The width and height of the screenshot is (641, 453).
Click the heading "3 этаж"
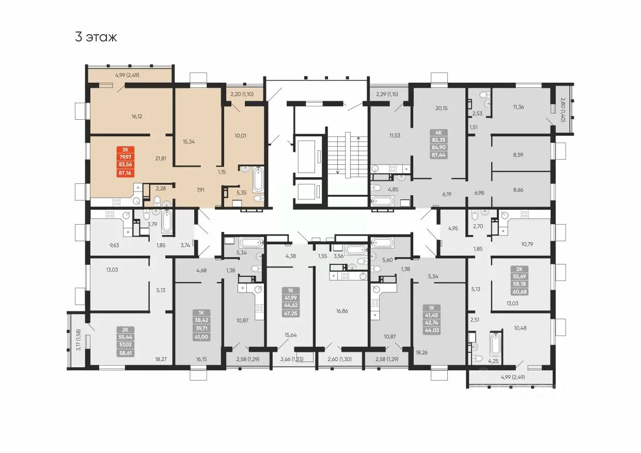(x=96, y=37)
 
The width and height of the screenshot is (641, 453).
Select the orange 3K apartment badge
(x=126, y=161)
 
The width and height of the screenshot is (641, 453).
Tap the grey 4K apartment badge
(x=439, y=144)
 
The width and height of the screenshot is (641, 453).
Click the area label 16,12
(x=137, y=116)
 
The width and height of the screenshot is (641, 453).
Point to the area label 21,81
(x=161, y=158)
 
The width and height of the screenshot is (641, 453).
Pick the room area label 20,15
(x=441, y=108)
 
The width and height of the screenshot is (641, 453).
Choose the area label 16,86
(x=342, y=311)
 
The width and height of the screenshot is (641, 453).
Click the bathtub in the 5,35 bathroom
(x=258, y=180)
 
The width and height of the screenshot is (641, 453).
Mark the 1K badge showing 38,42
(x=201, y=325)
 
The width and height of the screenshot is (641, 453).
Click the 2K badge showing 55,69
(x=519, y=280)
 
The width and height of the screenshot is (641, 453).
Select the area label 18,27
(x=161, y=359)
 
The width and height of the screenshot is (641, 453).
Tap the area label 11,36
(x=518, y=107)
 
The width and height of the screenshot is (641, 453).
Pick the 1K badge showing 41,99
(x=290, y=302)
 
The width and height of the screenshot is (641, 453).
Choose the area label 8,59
(x=518, y=155)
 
